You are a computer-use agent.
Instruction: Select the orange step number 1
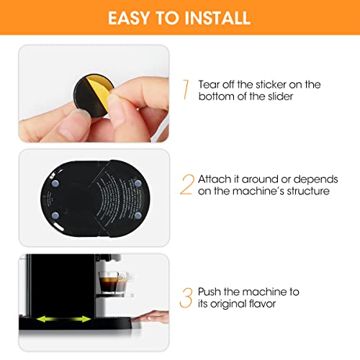(x=186, y=90)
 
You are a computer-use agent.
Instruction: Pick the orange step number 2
(x=186, y=185)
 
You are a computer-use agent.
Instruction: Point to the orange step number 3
(x=186, y=296)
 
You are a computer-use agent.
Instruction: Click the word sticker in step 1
(x=269, y=84)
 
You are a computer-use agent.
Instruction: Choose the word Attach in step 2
(x=217, y=179)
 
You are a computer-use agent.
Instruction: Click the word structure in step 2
(x=305, y=192)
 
